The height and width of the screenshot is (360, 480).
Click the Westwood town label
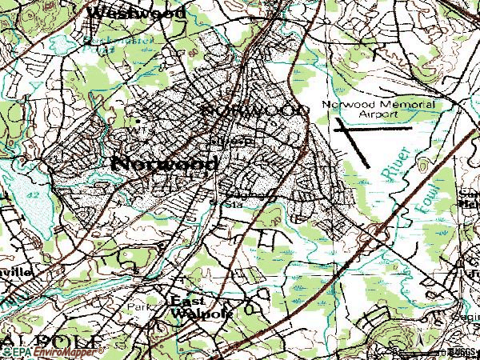135,13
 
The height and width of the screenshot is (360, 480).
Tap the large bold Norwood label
164,163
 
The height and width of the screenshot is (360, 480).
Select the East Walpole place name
201,306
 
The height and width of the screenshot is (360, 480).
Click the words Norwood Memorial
378,104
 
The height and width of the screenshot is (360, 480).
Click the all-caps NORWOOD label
255,108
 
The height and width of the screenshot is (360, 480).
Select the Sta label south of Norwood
237,204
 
